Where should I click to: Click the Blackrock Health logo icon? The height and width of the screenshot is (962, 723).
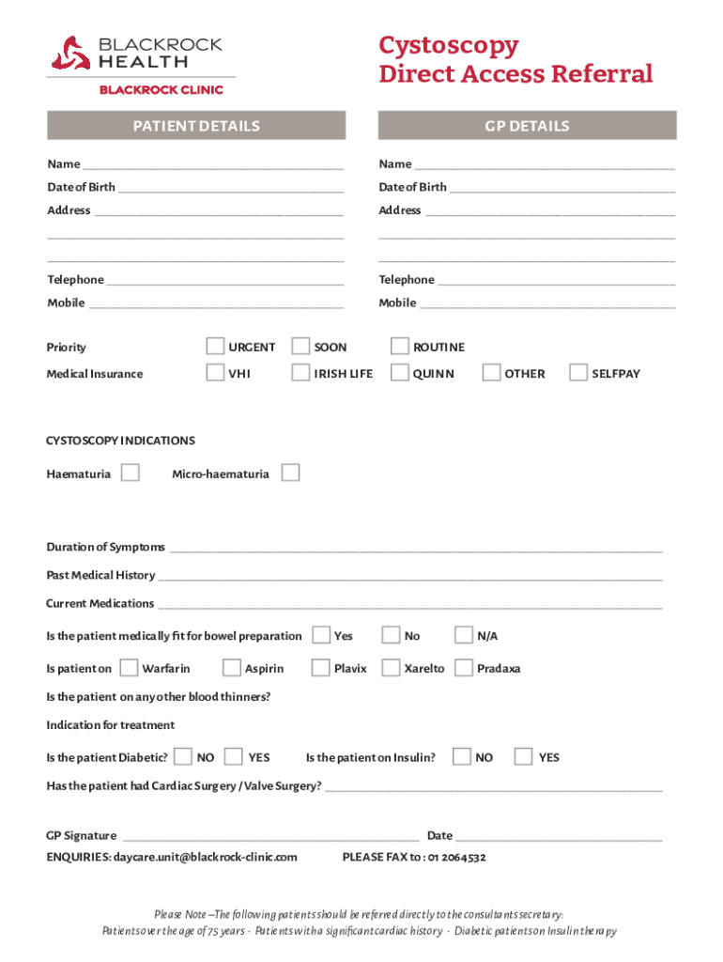pos(70,53)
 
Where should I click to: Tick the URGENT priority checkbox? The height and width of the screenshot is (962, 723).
pos(215,347)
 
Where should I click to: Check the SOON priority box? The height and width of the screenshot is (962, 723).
pos(300,347)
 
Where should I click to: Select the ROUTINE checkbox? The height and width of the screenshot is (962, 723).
pos(400,347)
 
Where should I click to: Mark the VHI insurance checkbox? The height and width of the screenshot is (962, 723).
pos(215,373)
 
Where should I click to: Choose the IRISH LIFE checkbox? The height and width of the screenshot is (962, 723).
pos(300,373)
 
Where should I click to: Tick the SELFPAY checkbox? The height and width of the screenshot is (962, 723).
pos(578,373)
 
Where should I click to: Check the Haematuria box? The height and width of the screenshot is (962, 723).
pos(131,473)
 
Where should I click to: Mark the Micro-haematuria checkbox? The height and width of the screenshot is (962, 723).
pos(291,473)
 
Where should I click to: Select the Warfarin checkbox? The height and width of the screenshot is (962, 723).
pos(129,668)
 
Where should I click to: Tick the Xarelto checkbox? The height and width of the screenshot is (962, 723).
pos(391,668)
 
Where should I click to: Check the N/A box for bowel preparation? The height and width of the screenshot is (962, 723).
pos(464,635)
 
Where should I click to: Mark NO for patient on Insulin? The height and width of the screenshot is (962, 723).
pos(462,756)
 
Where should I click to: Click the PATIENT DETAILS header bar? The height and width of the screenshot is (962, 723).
pos(196,126)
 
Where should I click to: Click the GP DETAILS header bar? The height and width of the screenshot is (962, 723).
pos(527,126)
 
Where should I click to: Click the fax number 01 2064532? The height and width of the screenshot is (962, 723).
pos(456,857)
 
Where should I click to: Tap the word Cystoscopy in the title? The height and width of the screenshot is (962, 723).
pos(448,46)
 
